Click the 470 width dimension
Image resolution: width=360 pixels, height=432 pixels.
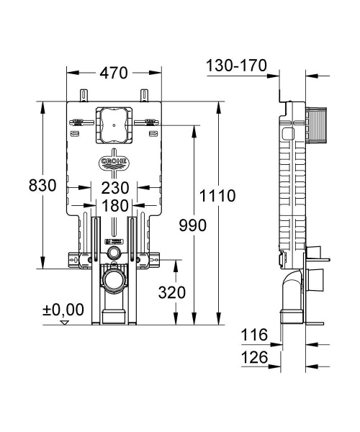114,73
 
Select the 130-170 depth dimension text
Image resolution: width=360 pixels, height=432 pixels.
236,66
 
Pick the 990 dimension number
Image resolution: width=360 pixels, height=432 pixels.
193,225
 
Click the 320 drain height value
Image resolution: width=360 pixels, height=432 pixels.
171,293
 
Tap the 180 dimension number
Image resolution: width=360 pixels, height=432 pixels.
114,205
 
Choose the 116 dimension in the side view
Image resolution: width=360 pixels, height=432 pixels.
255,335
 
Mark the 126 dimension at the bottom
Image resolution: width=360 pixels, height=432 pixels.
255,358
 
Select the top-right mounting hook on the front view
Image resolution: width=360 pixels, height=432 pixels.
144,95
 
